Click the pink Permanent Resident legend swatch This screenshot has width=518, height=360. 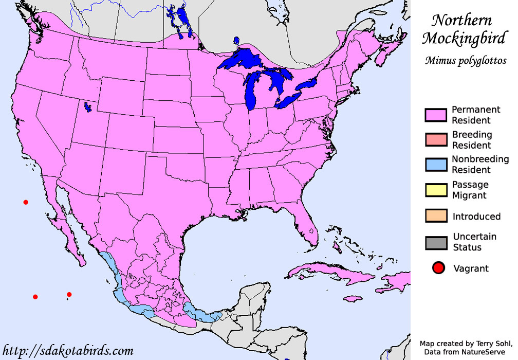tap(435, 115)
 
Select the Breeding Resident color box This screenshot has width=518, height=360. tap(435, 140)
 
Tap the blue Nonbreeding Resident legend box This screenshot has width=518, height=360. tap(435, 165)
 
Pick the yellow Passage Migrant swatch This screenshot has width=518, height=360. tap(435, 190)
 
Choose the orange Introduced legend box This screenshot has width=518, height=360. tap(435, 216)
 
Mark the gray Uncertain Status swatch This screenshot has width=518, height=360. tap(435, 242)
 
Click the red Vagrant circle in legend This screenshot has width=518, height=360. tap(438, 268)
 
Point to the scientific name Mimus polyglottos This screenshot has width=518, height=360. tap(465, 61)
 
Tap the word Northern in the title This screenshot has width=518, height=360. tap(461, 21)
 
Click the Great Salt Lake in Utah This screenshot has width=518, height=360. tap(87, 107)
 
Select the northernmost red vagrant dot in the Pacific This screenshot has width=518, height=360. tap(26, 202)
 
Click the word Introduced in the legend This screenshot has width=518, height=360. tap(476, 217)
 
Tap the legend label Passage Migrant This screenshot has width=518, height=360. tap(470, 190)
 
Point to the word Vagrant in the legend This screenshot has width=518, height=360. tap(471, 268)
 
